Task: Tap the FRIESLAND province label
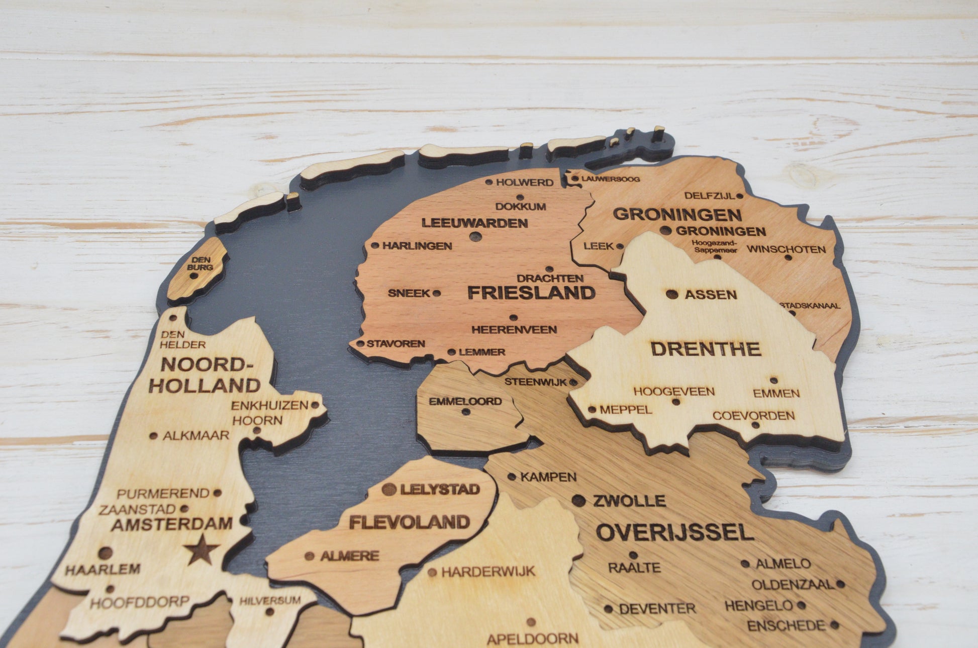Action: [531, 293]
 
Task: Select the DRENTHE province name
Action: [705, 349]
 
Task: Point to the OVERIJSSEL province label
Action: [674, 532]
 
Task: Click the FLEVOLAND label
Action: [409, 522]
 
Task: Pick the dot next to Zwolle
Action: [579, 500]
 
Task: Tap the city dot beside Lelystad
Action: [388, 489]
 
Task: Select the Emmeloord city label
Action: [465, 401]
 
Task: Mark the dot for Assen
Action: [671, 294]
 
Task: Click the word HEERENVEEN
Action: [514, 330]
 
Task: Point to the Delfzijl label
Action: [710, 196]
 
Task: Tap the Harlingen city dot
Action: [375, 246]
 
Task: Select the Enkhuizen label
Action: [269, 405]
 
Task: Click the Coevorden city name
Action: [753, 416]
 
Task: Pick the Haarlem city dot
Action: [105, 553]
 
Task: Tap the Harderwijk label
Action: [488, 572]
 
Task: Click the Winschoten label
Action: [786, 249]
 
